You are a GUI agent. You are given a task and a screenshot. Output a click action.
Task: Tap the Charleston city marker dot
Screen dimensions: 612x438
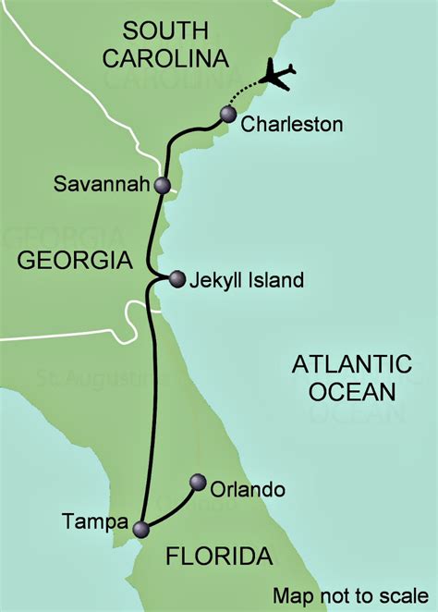[x=228, y=114]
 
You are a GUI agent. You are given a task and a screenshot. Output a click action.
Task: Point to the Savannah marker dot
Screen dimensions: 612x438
[x=163, y=185]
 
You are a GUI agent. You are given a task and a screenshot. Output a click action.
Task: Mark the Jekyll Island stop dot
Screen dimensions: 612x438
[x=176, y=277]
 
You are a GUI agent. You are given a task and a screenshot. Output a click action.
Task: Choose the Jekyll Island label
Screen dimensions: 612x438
[x=249, y=279]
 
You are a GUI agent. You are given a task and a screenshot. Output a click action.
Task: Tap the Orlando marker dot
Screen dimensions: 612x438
[x=197, y=482]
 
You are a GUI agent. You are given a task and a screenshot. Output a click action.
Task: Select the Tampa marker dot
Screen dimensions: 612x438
[x=140, y=530]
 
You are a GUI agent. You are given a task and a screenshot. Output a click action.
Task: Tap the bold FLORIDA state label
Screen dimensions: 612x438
[x=219, y=557]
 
